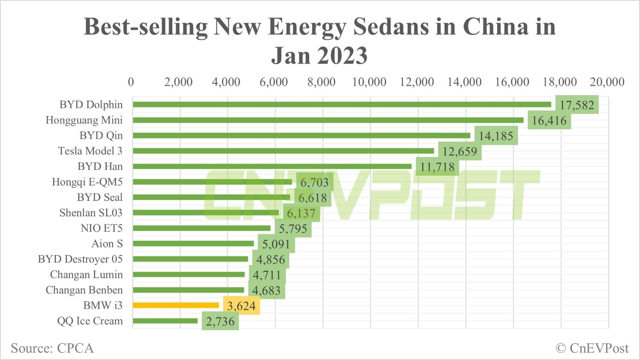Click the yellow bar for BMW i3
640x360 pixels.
176,305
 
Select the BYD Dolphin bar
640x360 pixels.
341,105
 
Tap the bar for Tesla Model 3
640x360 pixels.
283,151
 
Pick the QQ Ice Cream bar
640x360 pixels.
165,321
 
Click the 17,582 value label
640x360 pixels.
577,105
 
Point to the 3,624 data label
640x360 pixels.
241,306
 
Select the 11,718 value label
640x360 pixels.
437,167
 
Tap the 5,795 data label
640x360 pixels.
293,229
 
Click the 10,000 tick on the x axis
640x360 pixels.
369,82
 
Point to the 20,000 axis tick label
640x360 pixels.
607,82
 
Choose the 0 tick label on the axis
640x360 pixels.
131,82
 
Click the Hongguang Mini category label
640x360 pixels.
84,120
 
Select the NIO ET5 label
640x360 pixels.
102,228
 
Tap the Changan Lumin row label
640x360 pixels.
86,275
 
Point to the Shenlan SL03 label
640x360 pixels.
91,213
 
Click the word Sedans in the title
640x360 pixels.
391,26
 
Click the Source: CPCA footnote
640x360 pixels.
52,348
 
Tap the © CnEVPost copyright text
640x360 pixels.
592,348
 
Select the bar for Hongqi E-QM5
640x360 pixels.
212,182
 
